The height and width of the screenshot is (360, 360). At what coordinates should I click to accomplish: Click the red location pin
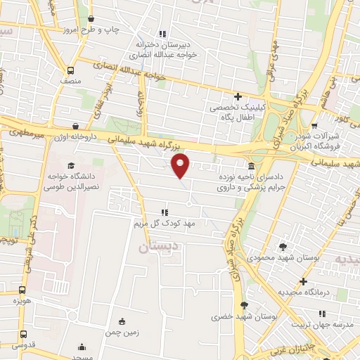coord(181,166)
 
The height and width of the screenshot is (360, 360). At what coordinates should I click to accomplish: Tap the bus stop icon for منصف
coord(70,70)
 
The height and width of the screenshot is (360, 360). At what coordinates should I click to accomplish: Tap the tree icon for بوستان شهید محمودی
coord(283,247)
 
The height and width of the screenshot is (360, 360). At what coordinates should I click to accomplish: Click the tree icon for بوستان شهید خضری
coord(244,305)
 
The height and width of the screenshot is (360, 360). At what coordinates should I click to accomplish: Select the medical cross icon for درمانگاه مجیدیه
coord(302,281)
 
